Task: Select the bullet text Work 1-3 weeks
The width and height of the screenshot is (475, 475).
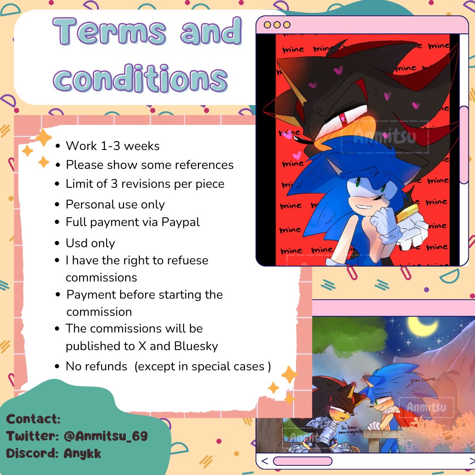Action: [x=113, y=146]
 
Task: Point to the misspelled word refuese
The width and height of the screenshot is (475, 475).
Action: [x=185, y=260]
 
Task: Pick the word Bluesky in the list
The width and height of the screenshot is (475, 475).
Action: [x=196, y=346]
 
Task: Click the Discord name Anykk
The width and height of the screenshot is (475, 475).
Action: [x=82, y=453]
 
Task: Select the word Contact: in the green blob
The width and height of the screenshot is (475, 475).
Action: [x=33, y=419]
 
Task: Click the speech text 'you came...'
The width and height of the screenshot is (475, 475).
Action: [x=424, y=379]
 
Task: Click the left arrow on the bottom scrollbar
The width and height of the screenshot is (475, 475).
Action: [x=265, y=461]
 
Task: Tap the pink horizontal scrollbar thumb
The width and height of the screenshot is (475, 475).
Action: [x=302, y=461]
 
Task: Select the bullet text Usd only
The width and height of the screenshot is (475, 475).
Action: [x=90, y=243]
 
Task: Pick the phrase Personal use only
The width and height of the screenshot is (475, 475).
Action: [x=115, y=205]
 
